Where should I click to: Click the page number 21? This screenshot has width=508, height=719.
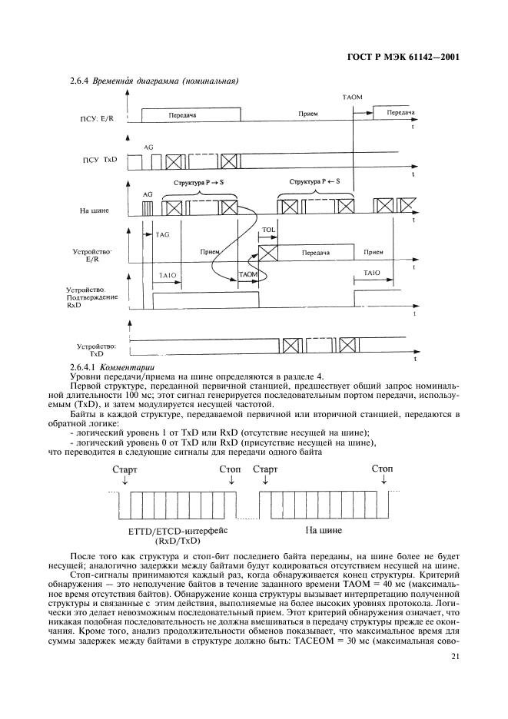point(454,657)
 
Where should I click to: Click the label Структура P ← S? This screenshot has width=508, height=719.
point(314,182)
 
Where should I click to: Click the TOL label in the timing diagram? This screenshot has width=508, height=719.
point(269,230)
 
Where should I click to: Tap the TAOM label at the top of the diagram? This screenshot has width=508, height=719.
point(352,98)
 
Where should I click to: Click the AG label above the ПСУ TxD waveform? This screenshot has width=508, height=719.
point(148,145)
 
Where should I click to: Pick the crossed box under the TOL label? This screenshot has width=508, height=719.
point(268,251)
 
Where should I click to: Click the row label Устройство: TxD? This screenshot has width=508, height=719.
point(96,350)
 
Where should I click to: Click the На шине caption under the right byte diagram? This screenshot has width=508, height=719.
point(324,530)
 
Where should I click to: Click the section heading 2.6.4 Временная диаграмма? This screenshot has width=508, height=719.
point(154,80)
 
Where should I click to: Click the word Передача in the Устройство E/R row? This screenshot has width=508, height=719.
point(315,251)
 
